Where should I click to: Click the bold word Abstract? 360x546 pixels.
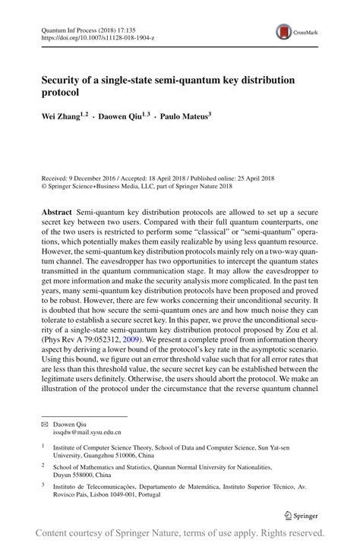tap(57, 210)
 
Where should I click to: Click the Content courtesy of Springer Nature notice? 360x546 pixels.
tap(180, 534)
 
